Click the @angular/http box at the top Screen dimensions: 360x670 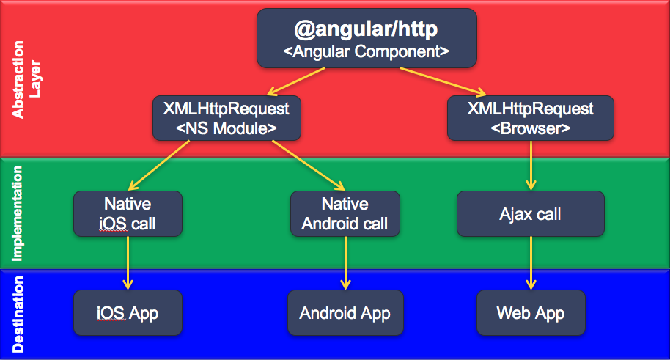[x=367, y=38]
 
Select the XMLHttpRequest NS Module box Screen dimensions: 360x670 [x=227, y=117]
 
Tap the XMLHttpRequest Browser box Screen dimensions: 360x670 [x=530, y=117]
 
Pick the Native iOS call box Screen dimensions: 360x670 [x=128, y=213]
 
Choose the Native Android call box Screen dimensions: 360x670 [x=345, y=213]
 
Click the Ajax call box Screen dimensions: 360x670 [x=530, y=214]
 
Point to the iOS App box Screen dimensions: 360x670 [x=128, y=313]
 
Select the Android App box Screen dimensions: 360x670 [x=345, y=313]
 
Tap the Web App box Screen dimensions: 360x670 [x=530, y=313]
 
